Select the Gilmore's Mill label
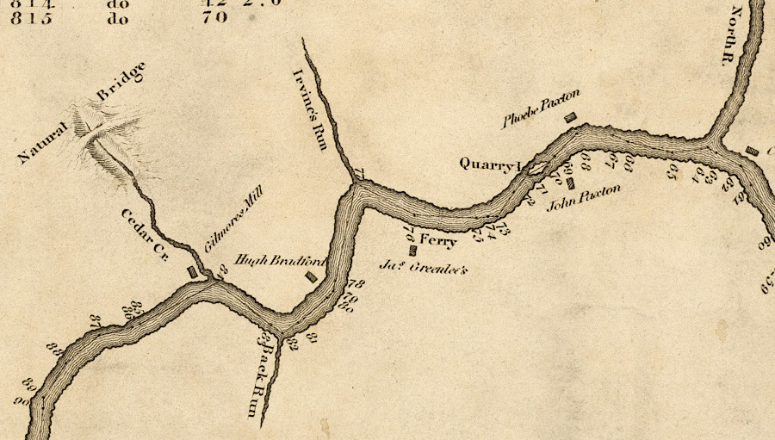pos(231,220)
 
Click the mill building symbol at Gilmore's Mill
pos(194,272)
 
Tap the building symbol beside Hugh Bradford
pos(311,277)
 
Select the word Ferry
pos(437,242)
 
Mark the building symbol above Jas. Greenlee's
pos(412,251)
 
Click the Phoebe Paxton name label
pos(542,108)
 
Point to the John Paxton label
pos(584,198)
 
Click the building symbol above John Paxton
pos(570,183)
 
